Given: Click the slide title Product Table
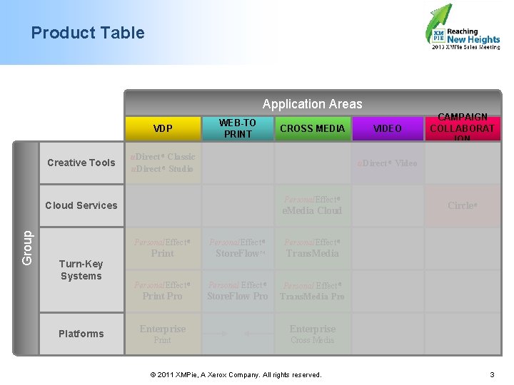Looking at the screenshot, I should click(88, 33).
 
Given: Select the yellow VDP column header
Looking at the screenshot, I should click(163, 128).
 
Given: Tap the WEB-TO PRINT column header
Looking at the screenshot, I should click(238, 128).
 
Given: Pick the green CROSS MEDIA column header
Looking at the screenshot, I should click(313, 128).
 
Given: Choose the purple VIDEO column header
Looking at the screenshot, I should click(388, 128).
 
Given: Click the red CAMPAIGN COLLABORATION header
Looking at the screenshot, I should click(462, 128).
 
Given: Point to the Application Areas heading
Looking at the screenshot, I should click(313, 104).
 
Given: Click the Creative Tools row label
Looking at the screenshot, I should click(81, 163).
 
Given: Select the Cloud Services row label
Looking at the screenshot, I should click(81, 205).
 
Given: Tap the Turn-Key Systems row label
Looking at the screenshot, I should click(81, 269).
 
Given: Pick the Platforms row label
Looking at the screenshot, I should click(81, 334).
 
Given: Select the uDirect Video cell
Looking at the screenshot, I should click(388, 163).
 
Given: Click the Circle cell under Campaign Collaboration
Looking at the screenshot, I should click(462, 205).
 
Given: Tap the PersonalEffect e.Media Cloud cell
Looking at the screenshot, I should click(313, 205).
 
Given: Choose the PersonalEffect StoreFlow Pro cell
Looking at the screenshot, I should click(238, 290).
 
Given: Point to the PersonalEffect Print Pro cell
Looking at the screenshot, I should click(163, 290).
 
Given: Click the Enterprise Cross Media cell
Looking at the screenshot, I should click(313, 334).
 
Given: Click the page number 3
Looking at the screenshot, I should click(492, 374).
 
